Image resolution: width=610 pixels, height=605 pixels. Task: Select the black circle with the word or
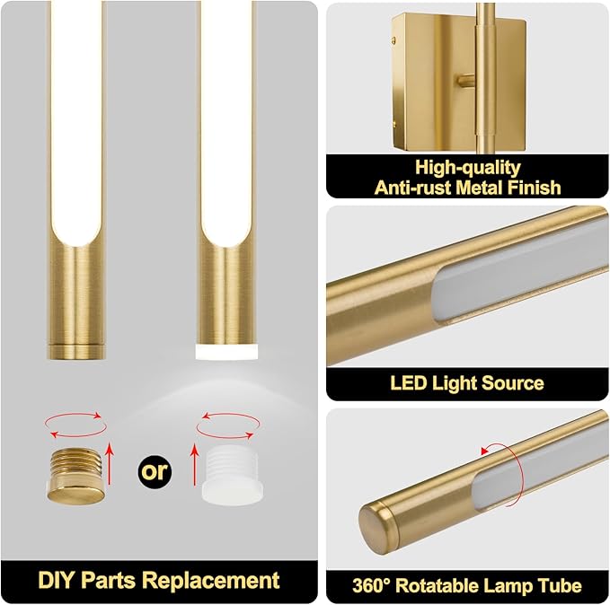tap(155, 470)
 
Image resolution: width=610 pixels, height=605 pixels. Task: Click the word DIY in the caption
tap(55, 579)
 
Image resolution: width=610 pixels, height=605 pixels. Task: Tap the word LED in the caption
tap(409, 383)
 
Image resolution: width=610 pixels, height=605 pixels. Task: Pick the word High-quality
tap(468, 167)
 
